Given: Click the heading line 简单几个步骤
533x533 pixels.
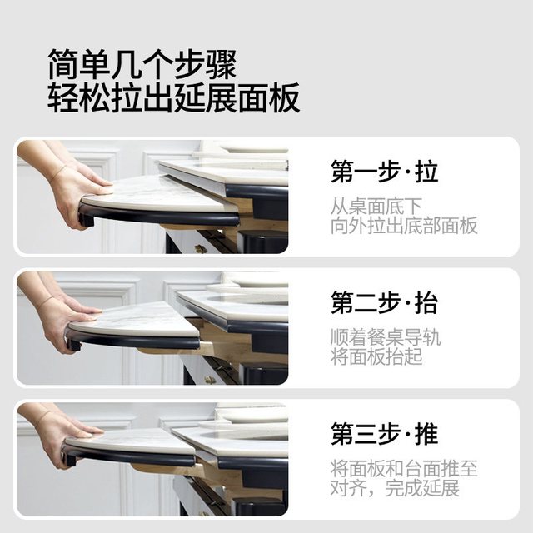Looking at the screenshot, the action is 142,64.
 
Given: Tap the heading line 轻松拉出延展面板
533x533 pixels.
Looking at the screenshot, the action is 174,97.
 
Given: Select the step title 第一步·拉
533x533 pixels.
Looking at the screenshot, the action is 385,172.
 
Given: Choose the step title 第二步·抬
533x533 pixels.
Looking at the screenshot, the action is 385,303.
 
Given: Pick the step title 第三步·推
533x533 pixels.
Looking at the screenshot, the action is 385,434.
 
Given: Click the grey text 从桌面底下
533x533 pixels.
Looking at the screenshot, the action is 376,207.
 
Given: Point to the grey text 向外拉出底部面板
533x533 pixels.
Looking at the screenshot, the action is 404,226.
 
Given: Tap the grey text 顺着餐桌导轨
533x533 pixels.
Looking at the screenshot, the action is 386,337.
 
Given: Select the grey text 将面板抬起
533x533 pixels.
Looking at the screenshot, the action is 376,356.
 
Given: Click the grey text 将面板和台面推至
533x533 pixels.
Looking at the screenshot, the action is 404,469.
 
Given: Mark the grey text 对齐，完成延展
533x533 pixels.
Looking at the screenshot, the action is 395,488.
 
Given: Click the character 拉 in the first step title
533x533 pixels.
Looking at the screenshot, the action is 426,172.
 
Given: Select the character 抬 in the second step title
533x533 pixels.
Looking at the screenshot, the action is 426,303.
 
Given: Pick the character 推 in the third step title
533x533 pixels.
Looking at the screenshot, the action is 426,434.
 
